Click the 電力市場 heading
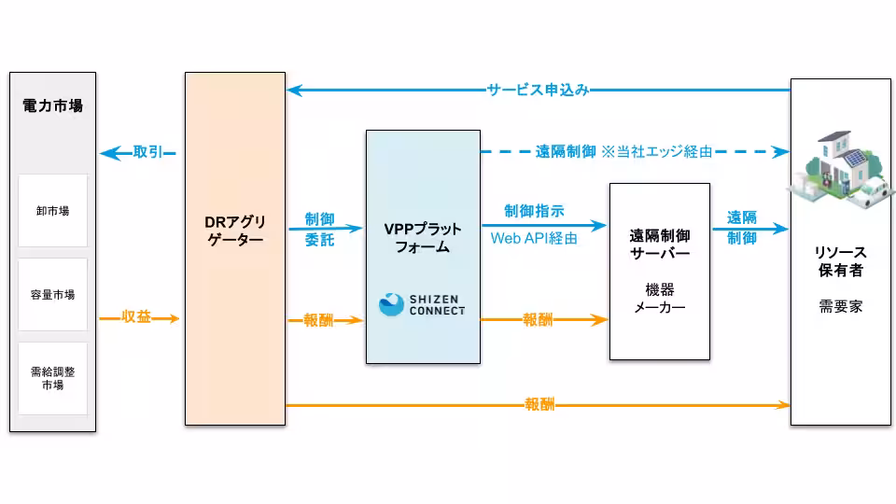(52, 105)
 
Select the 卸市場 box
(52, 211)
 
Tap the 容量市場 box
(52, 295)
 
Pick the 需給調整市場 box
(52, 378)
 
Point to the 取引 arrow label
(149, 151)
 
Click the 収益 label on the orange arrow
(136, 317)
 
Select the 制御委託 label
(319, 229)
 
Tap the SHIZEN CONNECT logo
(422, 304)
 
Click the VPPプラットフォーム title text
(423, 238)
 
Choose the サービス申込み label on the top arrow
(538, 90)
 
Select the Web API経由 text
(534, 238)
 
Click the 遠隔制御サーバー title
(660, 245)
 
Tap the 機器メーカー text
(660, 298)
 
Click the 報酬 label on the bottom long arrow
(539, 405)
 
